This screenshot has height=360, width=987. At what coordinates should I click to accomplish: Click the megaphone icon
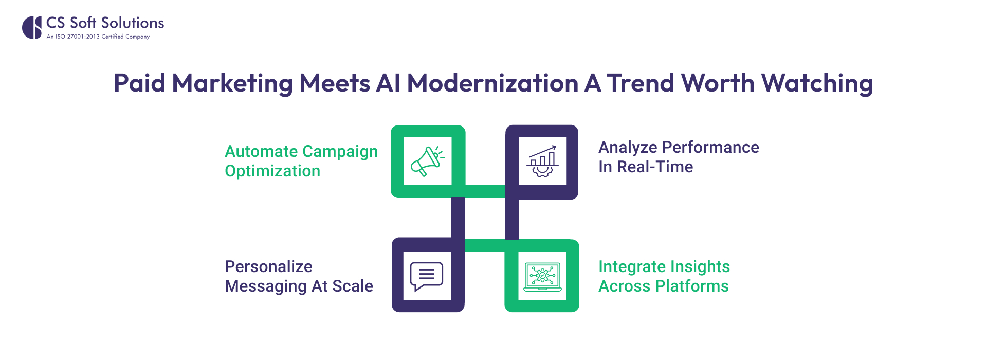point(427,161)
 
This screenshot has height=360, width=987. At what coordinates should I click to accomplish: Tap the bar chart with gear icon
point(542,161)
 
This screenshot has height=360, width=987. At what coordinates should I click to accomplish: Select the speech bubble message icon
point(426,276)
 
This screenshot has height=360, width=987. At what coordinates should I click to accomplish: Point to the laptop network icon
point(542,276)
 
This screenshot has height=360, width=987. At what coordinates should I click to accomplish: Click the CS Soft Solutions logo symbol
point(32,27)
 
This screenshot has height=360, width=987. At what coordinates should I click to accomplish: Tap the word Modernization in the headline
point(492,83)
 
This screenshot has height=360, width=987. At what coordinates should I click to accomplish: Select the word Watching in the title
point(817,83)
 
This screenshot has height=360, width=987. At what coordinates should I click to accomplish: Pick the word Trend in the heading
point(640,83)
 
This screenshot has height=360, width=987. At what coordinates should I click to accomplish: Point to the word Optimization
point(272,171)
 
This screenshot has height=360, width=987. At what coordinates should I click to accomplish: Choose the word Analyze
point(628,148)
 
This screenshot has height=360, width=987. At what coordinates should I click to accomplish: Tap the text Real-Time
point(655,167)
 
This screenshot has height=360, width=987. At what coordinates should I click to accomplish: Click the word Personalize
point(268,266)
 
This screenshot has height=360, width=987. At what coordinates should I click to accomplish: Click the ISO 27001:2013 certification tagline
point(98,37)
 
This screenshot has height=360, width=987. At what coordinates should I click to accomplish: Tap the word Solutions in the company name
point(133,23)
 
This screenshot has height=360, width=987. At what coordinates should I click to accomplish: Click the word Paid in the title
point(139,83)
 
